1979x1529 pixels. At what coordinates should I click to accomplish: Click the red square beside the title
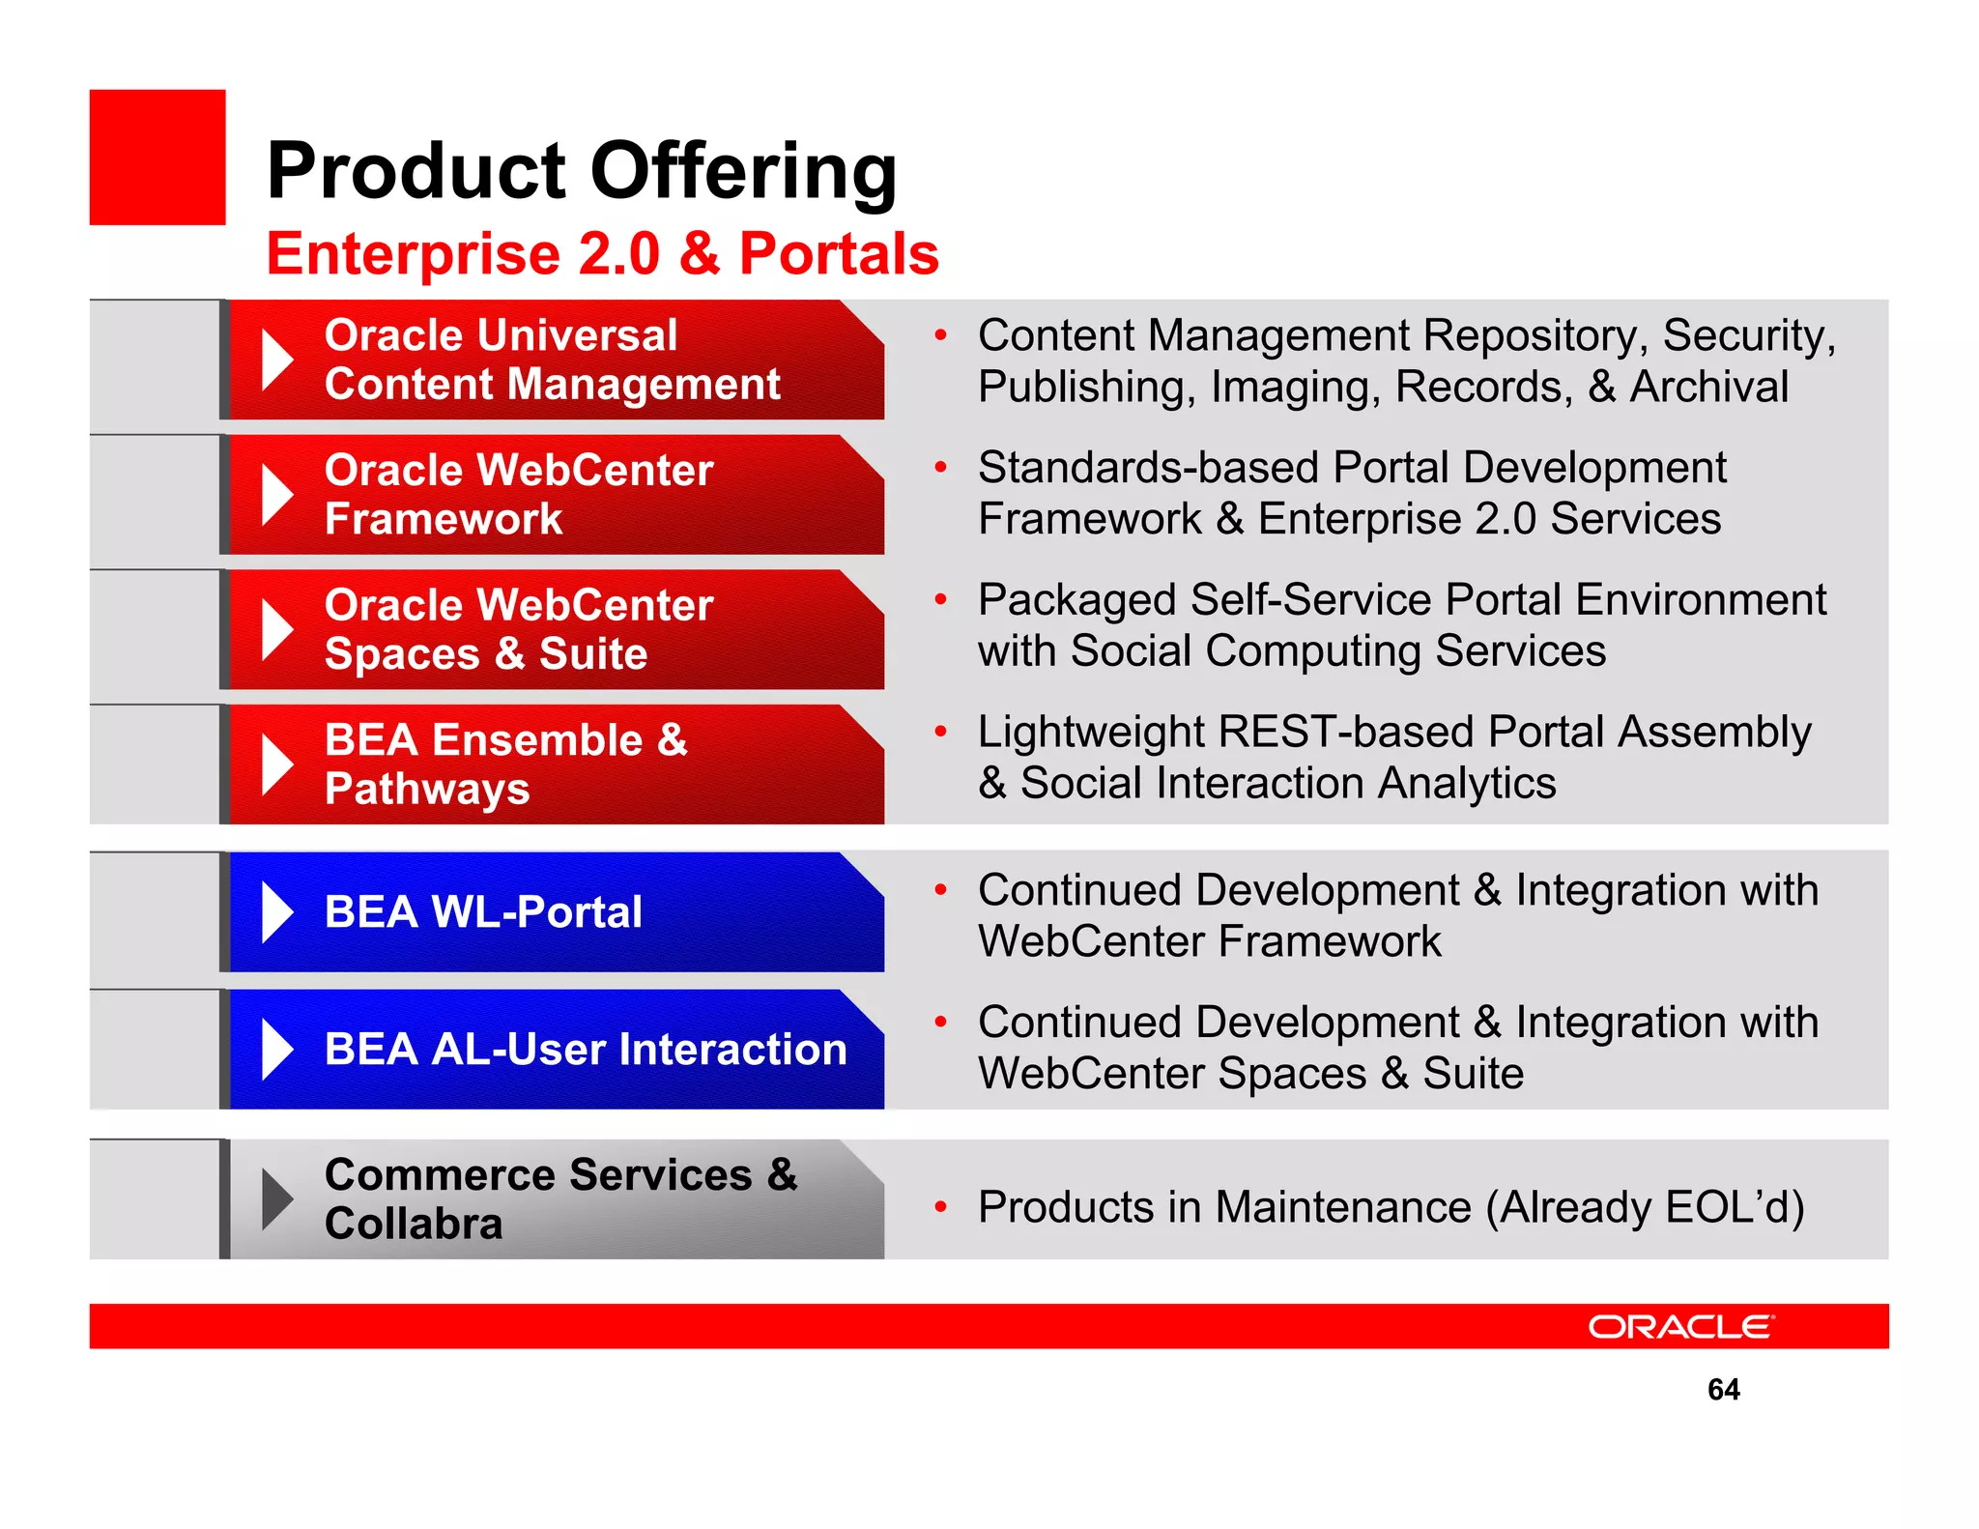point(158,158)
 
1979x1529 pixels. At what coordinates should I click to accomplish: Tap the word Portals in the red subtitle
point(838,254)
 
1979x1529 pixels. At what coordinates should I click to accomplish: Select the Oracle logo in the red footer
point(1680,1326)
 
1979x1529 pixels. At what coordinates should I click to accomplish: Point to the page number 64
point(1723,1389)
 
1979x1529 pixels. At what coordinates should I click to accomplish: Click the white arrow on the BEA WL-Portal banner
point(276,912)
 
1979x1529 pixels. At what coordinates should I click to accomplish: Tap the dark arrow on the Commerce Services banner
point(276,1199)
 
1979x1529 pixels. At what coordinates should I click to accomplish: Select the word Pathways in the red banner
point(427,789)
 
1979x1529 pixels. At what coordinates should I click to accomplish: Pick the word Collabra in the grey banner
point(414,1224)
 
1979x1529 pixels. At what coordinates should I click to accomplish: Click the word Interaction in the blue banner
point(732,1050)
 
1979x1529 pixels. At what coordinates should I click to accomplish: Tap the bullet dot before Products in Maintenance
point(940,1206)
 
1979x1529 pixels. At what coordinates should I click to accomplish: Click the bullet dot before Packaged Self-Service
point(940,599)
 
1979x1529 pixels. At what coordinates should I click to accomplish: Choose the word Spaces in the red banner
point(402,654)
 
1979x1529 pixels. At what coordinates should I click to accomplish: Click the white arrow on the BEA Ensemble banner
point(276,764)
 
